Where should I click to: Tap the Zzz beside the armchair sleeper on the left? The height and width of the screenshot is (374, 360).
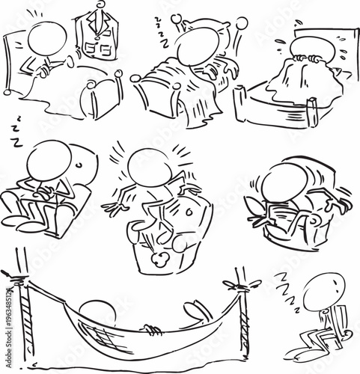coord(14,132)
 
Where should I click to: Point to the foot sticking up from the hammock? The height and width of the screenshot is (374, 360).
coord(196,310)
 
